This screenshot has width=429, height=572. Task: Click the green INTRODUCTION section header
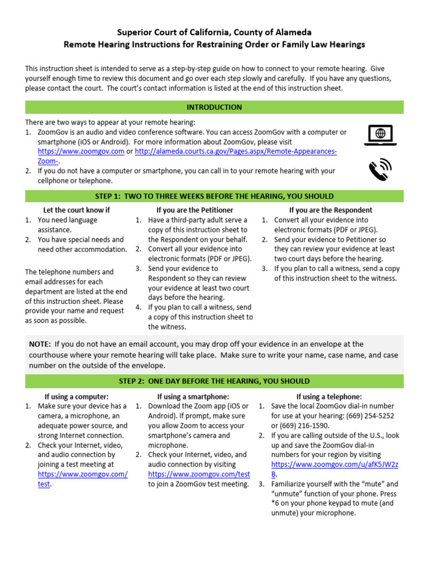[x=214, y=107]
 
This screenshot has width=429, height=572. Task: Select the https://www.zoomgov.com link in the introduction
[x=81, y=151]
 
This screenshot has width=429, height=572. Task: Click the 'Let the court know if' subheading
[x=77, y=210]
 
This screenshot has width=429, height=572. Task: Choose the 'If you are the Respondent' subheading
[x=331, y=210]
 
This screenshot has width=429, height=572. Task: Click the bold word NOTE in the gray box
[x=40, y=344]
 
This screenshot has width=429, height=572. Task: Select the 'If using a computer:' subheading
[x=77, y=397]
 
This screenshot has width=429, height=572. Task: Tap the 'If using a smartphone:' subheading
[x=194, y=397]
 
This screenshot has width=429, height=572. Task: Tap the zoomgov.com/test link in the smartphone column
[x=199, y=474]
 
